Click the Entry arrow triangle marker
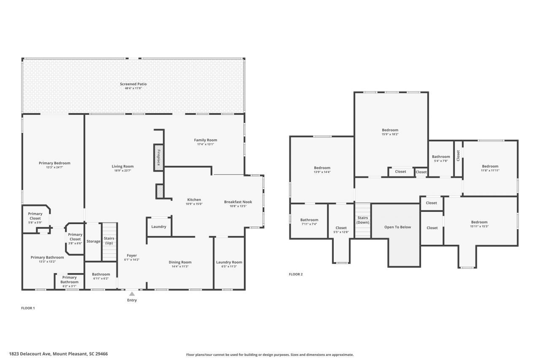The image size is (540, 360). click(x=132, y=294)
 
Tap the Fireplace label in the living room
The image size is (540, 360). click(x=159, y=157)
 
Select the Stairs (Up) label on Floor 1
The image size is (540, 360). click(x=109, y=241)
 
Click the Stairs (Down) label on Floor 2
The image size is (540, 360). click(x=363, y=219)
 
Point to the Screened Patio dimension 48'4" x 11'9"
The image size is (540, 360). click(x=133, y=89)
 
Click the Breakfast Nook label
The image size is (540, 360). click(x=238, y=202)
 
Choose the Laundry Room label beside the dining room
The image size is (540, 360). click(x=229, y=262)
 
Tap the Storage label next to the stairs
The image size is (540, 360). click(x=93, y=241)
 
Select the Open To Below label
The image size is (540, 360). click(x=397, y=227)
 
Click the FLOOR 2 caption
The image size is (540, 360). click(x=296, y=274)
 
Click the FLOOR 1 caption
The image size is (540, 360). click(x=28, y=308)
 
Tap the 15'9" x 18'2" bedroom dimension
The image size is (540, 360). click(x=390, y=134)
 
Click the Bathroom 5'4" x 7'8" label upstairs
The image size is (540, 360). click(x=441, y=157)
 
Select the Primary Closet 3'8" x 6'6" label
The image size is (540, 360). click(x=75, y=237)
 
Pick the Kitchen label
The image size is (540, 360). click(x=194, y=200)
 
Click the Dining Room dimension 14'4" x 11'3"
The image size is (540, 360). click(x=180, y=266)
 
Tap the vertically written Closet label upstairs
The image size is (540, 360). click(x=458, y=155)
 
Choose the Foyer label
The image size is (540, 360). click(x=132, y=255)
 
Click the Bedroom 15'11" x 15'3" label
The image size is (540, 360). click(x=479, y=222)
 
